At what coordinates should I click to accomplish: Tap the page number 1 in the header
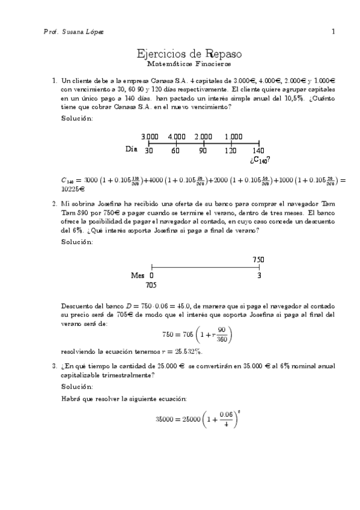tap(332, 31)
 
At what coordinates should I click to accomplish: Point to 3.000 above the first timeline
tap(150, 137)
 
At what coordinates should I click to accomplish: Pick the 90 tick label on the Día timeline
tap(203, 150)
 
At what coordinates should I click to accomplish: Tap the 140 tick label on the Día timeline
tap(258, 150)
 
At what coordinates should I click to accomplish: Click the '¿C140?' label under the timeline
tap(259, 160)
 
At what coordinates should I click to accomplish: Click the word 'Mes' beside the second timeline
tap(138, 275)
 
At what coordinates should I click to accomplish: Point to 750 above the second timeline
tap(258, 259)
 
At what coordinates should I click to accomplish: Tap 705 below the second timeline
tap(151, 286)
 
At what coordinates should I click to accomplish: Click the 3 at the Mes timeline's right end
tap(259, 275)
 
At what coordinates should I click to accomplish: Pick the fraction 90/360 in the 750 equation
tap(221, 334)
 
